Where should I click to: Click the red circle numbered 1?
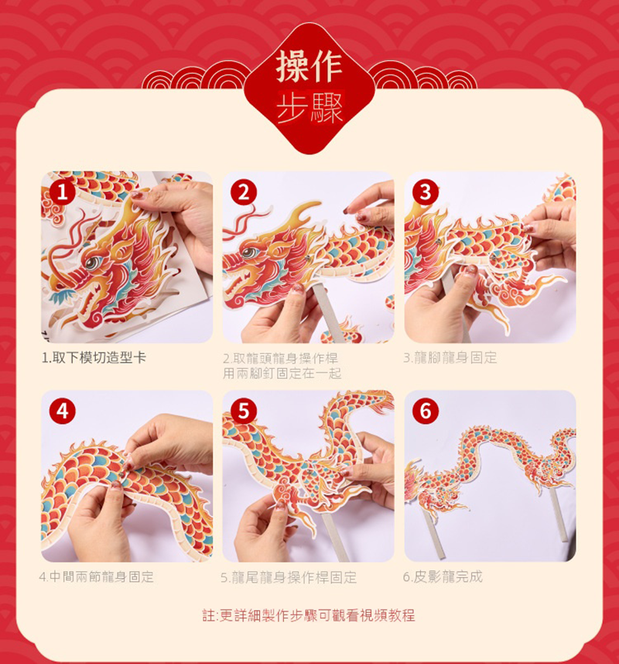(62, 192)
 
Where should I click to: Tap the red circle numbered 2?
(244, 192)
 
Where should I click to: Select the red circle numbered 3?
(426, 192)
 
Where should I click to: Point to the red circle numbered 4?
(62, 411)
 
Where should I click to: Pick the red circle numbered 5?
(244, 411)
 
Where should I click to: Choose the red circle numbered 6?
(426, 411)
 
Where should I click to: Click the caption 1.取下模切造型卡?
(94, 358)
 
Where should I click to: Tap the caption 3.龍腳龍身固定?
(450, 358)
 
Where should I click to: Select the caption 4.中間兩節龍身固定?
(97, 576)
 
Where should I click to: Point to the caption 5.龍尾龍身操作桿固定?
(289, 577)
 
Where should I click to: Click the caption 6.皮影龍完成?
(443, 576)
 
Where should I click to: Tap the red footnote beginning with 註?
(309, 615)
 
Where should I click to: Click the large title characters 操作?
(309, 67)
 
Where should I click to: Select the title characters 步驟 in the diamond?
(309, 108)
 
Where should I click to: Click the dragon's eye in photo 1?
(92, 263)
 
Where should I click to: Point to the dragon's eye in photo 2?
(248, 253)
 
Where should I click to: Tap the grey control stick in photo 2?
(329, 311)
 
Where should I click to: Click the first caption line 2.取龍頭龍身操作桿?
(280, 359)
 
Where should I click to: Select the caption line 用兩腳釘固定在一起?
(282, 373)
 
